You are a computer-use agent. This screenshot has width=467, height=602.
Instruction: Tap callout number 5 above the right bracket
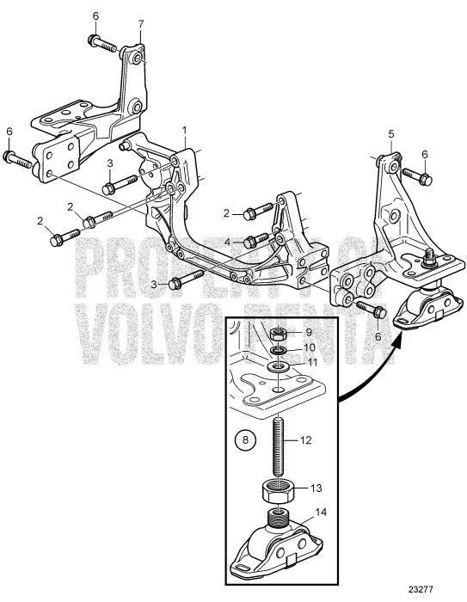click(390, 134)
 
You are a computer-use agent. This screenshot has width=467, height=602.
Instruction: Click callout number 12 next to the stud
click(308, 439)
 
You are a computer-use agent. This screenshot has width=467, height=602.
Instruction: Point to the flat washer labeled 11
click(277, 367)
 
